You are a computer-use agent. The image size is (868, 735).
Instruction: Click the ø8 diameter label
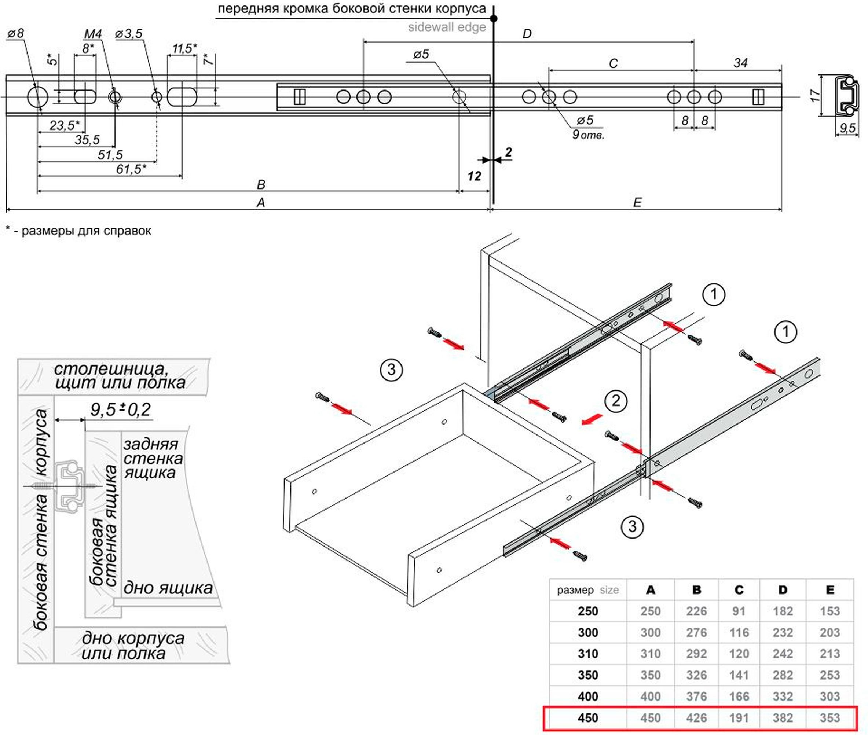click(x=16, y=33)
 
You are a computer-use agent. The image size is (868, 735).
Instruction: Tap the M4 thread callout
click(x=92, y=34)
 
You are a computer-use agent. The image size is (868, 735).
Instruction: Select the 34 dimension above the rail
click(x=740, y=63)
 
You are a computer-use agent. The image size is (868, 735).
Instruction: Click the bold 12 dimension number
click(x=474, y=176)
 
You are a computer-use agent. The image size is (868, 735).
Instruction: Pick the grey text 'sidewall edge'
click(x=447, y=27)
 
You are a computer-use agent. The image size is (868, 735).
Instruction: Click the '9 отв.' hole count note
click(x=587, y=135)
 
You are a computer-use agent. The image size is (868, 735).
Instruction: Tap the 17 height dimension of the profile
click(x=815, y=95)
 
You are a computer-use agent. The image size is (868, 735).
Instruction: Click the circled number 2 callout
click(x=615, y=401)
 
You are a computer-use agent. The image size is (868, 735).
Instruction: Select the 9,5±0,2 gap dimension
click(x=120, y=409)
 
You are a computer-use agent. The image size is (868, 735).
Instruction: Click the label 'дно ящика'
click(x=168, y=588)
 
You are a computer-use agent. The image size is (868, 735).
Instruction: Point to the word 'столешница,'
click(x=111, y=369)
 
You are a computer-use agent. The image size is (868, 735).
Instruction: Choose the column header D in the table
click(x=783, y=590)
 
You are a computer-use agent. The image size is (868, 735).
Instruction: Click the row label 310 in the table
click(x=587, y=654)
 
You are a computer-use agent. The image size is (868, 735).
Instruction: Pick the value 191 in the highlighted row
click(x=739, y=718)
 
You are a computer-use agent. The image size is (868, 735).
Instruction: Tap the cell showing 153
click(x=829, y=611)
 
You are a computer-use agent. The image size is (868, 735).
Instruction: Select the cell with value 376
click(x=696, y=696)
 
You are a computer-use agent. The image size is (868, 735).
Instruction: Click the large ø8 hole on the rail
click(x=37, y=97)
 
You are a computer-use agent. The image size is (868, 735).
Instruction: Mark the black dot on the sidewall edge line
click(x=494, y=18)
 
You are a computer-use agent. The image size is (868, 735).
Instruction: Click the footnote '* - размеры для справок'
click(x=78, y=231)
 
